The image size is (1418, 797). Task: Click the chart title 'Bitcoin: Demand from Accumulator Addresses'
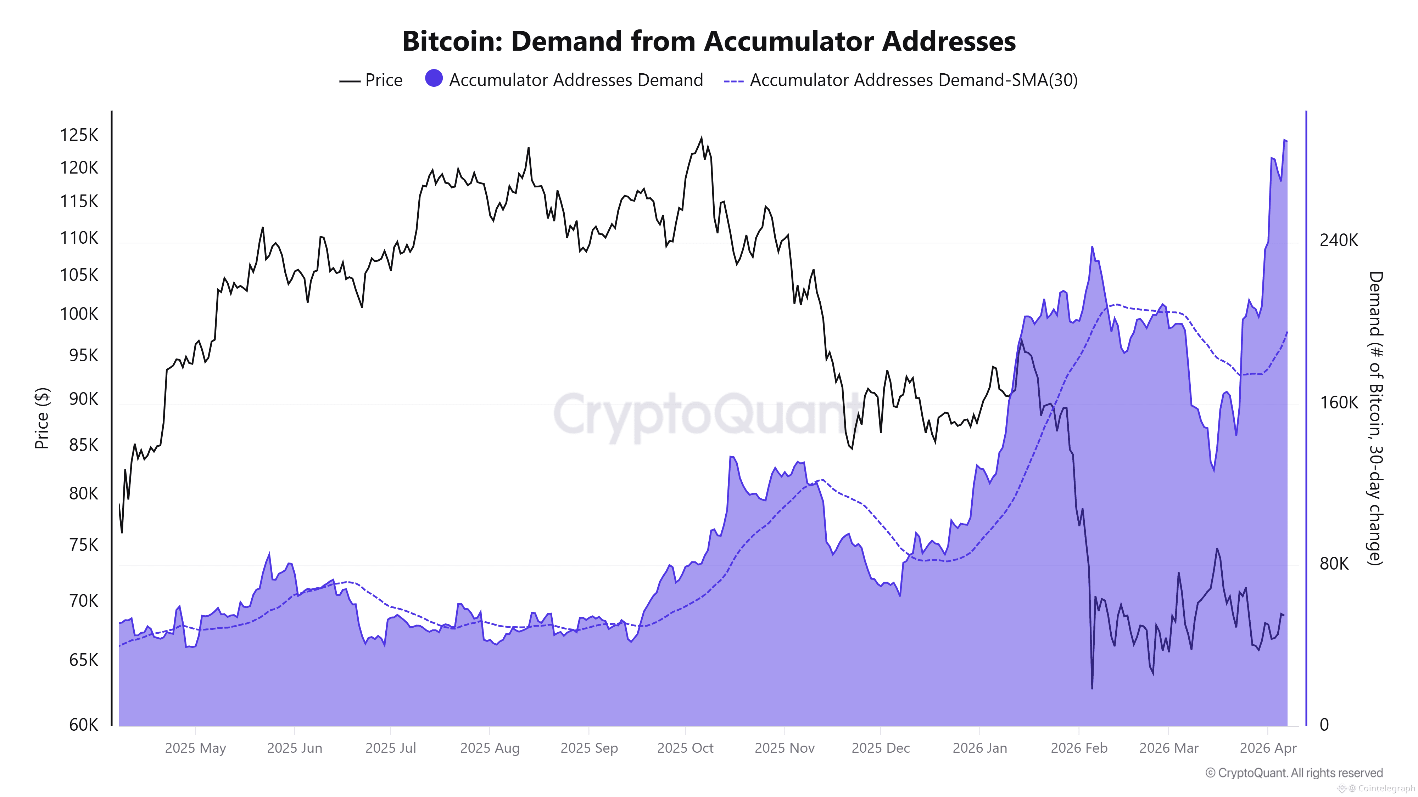coord(708,41)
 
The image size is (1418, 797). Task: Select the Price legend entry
coord(372,80)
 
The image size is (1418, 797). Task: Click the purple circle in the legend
coord(434,79)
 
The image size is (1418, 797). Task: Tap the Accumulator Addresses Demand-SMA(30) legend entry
coord(900,80)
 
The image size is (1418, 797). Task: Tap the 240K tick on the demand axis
coord(1338,241)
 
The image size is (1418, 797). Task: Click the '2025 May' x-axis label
coord(195,748)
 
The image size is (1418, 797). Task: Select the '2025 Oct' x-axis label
coord(685,748)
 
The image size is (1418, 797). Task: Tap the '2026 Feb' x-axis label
coord(1078,748)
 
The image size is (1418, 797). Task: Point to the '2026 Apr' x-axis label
coord(1267,748)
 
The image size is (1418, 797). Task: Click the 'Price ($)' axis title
coord(42,418)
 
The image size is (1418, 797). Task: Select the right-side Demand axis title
coord(1374,418)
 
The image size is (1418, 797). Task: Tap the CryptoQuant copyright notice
coord(1294,773)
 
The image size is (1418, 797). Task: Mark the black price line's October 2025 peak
coord(701,137)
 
